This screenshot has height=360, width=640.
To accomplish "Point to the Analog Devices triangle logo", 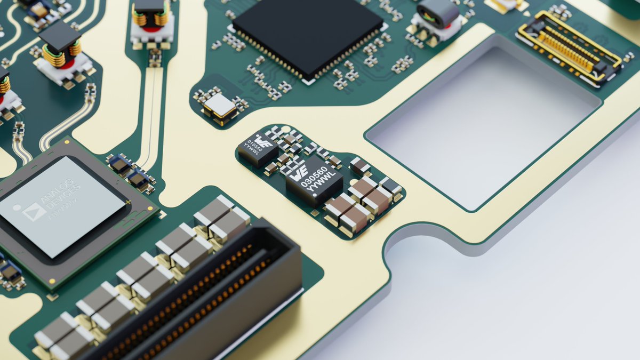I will click(34, 211).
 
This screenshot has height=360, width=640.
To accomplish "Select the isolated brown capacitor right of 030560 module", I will click(361, 166).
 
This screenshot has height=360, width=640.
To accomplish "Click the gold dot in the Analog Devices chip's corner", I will click(52, 281).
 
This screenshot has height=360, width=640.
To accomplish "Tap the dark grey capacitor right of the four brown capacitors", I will click(391, 187).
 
